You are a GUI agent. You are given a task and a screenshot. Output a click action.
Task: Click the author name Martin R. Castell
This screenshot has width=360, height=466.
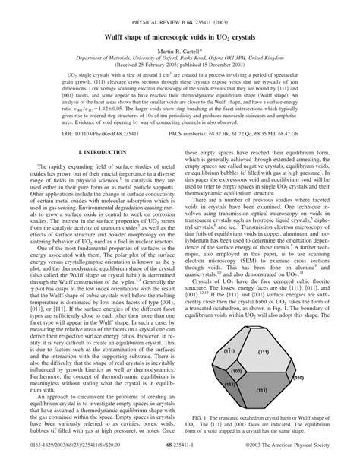[180, 49]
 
